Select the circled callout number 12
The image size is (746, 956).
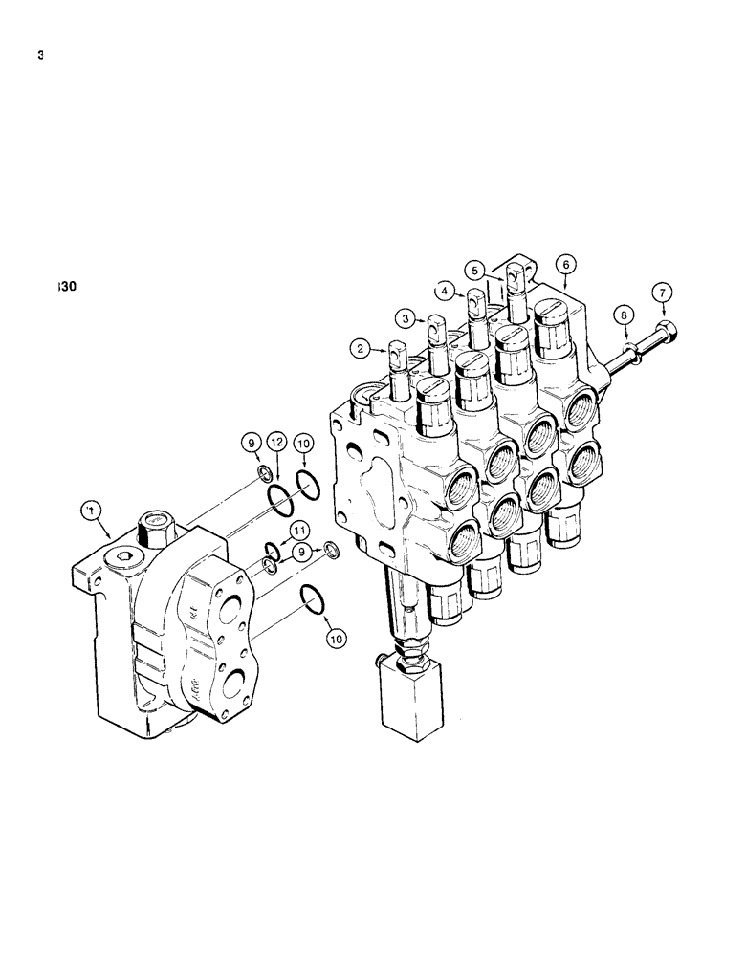[276, 444]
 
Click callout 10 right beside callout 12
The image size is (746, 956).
[304, 444]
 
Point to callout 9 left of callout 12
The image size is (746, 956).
[251, 444]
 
